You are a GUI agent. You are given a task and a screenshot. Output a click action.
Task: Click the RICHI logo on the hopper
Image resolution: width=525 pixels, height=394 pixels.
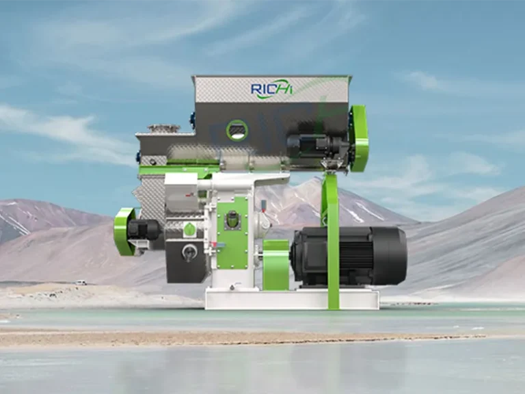coord(271,89)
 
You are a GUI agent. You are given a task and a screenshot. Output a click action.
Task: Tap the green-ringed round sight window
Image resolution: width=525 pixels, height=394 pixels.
coord(237,130)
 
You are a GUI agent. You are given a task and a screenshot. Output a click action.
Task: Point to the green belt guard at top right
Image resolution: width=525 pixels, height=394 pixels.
coord(359,138)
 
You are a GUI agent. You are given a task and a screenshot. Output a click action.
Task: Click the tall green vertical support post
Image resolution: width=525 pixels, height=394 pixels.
coord(332,239)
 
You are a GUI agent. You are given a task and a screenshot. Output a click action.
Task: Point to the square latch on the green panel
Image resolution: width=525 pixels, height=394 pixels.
coord(233,220)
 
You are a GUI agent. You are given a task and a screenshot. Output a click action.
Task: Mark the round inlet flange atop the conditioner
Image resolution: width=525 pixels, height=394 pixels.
coord(163,128)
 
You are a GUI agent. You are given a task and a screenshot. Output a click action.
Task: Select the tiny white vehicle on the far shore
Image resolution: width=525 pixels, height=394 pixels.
coord(81,283)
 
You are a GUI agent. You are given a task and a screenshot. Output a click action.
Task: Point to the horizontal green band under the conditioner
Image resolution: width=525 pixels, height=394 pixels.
coord(179,169)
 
